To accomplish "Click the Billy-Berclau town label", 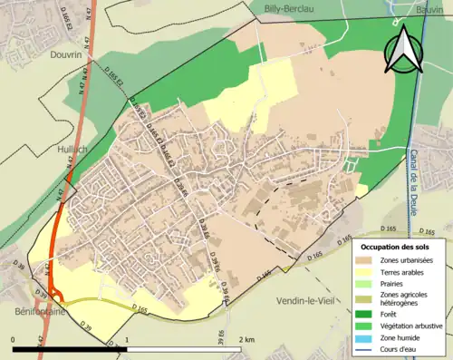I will pyautogui.click(x=287, y=7).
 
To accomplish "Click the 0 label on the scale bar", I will pyautogui.click(x=14, y=339).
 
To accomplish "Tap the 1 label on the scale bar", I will pyautogui.click(x=126, y=339).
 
